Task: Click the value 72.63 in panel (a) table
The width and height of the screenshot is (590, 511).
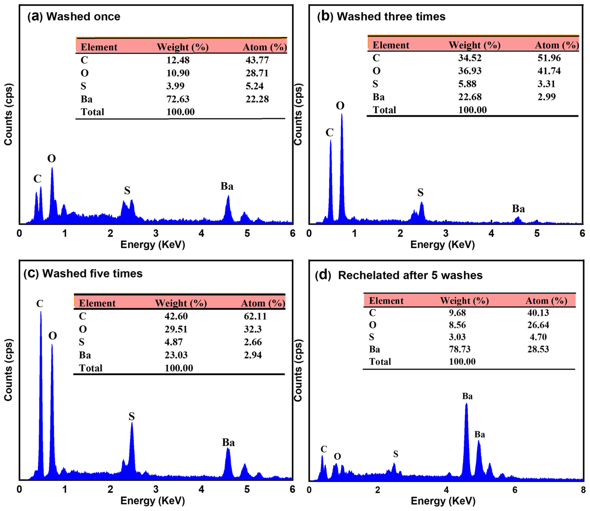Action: (178, 99)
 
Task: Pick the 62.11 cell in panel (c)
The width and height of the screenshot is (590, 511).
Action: (255, 316)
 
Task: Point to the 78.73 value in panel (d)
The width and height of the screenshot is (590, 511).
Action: (460, 349)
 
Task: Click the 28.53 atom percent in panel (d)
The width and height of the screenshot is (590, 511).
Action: (538, 349)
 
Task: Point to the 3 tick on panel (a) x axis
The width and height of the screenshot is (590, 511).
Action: (156, 233)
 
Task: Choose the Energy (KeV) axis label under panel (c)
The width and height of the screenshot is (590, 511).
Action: (153, 501)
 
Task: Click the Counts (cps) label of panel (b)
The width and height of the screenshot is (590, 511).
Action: (298, 114)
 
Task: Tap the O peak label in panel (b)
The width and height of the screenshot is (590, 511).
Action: (340, 106)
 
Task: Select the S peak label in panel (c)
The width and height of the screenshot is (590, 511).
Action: (131, 416)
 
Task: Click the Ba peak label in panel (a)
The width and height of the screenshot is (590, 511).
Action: (227, 186)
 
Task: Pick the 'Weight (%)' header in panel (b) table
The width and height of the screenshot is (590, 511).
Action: (474, 45)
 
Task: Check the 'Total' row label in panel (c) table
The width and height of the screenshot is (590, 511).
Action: (91, 368)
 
